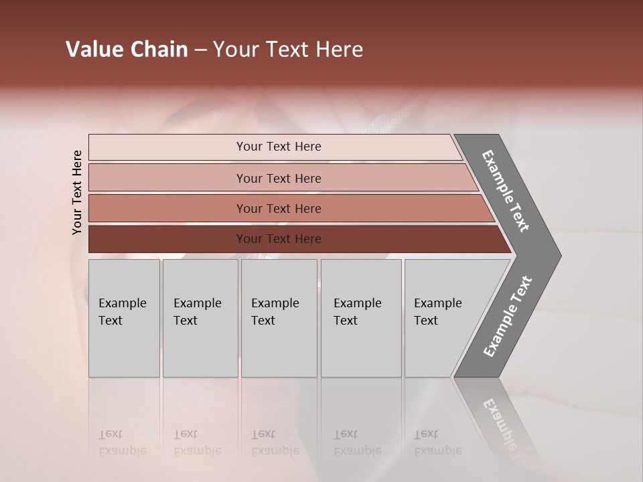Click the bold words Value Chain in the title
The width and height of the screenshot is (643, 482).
(x=127, y=50)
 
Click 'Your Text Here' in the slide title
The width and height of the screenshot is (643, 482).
(x=288, y=50)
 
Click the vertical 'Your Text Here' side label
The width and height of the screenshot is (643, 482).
(x=77, y=193)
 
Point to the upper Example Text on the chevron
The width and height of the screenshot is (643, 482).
(x=506, y=191)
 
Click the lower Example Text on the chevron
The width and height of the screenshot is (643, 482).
(x=507, y=317)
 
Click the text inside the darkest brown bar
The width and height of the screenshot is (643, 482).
(x=279, y=239)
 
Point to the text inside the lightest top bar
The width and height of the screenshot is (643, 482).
(x=279, y=147)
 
